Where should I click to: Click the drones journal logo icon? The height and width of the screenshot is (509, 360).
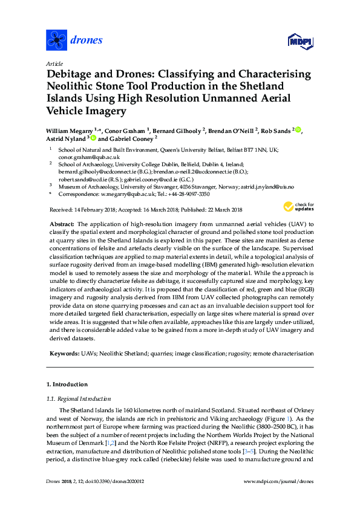(56, 41)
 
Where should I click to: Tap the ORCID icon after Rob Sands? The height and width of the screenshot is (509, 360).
(298, 129)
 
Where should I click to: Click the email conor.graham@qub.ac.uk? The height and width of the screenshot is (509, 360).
(85, 157)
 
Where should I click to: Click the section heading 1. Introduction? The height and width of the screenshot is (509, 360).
(67, 384)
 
